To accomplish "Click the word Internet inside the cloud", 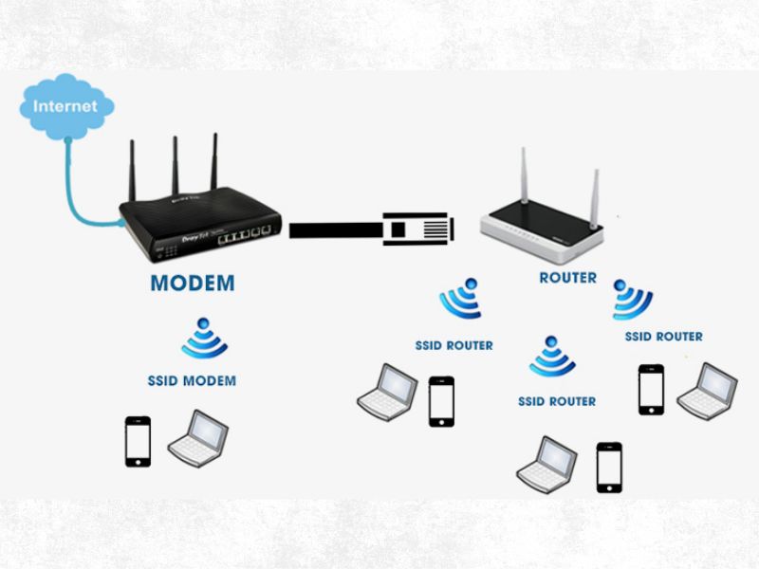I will pos(65,105).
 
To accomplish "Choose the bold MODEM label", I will pos(193,283).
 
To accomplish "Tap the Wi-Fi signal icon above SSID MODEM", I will pos(204,339).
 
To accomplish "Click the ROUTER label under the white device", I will pos(567,278).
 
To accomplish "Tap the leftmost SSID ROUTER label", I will pos(454,345).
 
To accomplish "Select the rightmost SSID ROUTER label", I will pos(664,337).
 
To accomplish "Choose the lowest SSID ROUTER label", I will pos(557,401).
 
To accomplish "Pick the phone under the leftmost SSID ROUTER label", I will pos(441,401).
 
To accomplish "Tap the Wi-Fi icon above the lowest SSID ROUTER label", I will pos(552,357).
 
